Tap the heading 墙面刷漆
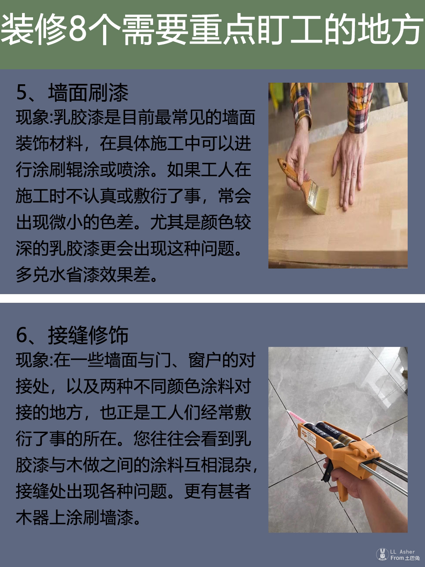[x=88, y=93]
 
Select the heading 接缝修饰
[x=88, y=335]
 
